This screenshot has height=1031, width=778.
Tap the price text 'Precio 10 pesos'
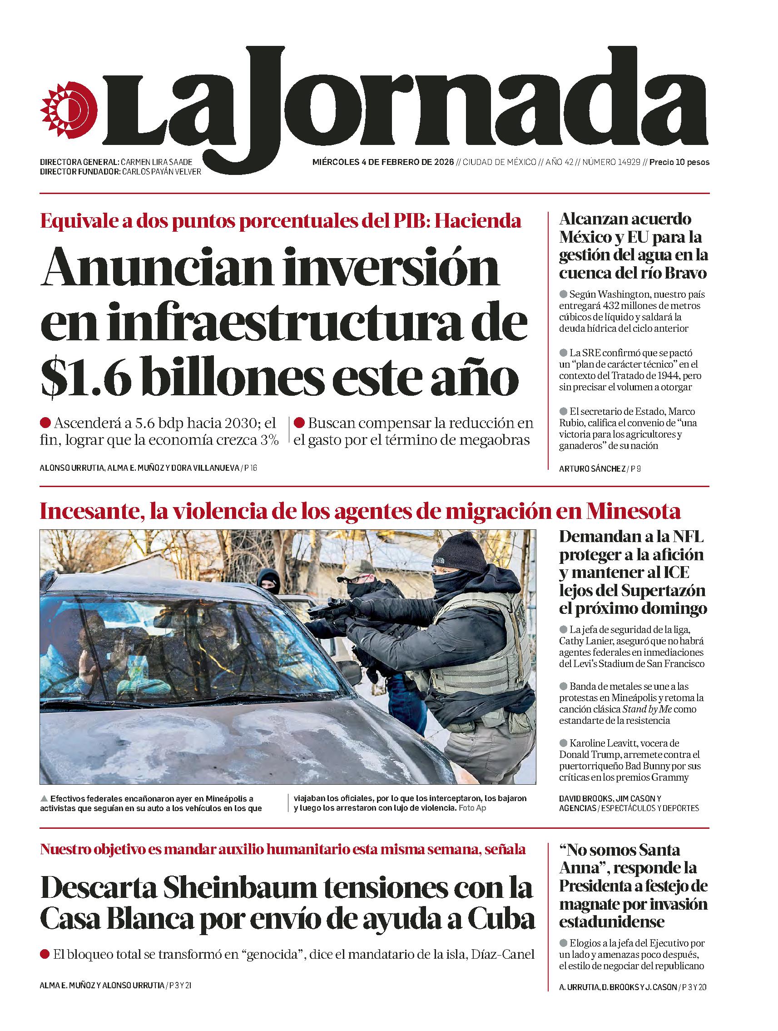click(679, 162)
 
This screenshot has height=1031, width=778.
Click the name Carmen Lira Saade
click(156, 162)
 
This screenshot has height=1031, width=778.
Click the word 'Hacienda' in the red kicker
click(477, 220)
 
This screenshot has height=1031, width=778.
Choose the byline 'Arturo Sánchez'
click(592, 469)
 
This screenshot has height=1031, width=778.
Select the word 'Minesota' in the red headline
click(634, 512)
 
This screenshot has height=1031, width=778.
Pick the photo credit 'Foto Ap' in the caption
click(472, 808)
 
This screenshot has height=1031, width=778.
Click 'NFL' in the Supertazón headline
click(688, 537)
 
